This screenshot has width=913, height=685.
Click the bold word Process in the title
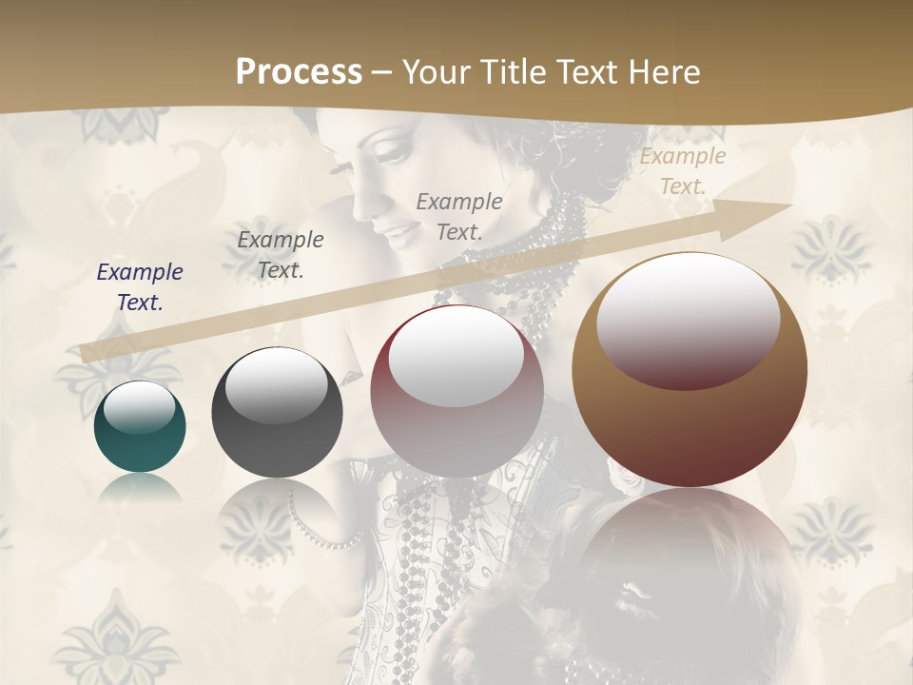click(x=299, y=71)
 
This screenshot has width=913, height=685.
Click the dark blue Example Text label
click(x=139, y=287)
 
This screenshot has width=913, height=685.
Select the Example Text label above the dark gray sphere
click(x=280, y=255)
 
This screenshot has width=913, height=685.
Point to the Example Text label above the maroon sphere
click(x=459, y=216)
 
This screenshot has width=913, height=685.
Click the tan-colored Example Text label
click(x=682, y=171)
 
